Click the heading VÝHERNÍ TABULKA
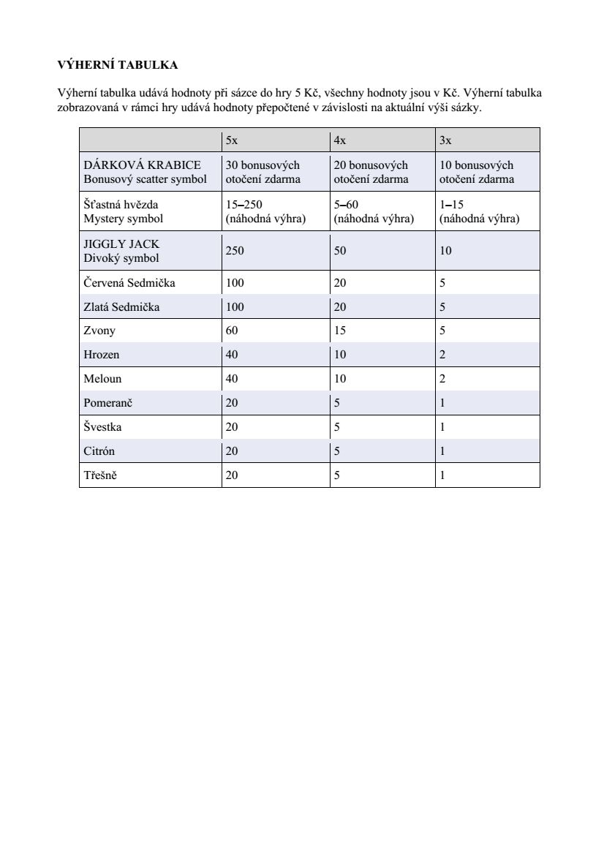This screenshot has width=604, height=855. [117, 65]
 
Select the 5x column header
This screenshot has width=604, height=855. [231, 140]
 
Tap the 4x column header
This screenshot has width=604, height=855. [339, 140]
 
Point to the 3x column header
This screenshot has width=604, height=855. [445, 140]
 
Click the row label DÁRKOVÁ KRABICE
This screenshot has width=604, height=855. [142, 165]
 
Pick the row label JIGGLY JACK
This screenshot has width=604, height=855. [121, 244]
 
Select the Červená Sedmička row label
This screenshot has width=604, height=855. [129, 283]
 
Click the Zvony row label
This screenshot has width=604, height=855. [99, 331]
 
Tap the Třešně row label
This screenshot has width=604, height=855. [100, 475]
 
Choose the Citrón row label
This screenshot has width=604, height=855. [99, 451]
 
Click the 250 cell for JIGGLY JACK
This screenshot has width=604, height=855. [235, 251]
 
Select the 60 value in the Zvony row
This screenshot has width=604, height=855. [232, 331]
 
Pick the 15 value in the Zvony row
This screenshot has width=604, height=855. [340, 331]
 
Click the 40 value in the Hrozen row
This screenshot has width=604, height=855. [232, 355]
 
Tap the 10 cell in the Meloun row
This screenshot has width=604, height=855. [340, 379]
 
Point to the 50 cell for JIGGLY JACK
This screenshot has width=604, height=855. [340, 251]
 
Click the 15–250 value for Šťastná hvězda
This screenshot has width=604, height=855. [244, 205]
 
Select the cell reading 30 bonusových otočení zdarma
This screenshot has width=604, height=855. [263, 172]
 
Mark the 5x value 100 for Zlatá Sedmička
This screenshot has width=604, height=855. [235, 307]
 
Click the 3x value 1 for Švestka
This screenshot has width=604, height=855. [442, 427]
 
